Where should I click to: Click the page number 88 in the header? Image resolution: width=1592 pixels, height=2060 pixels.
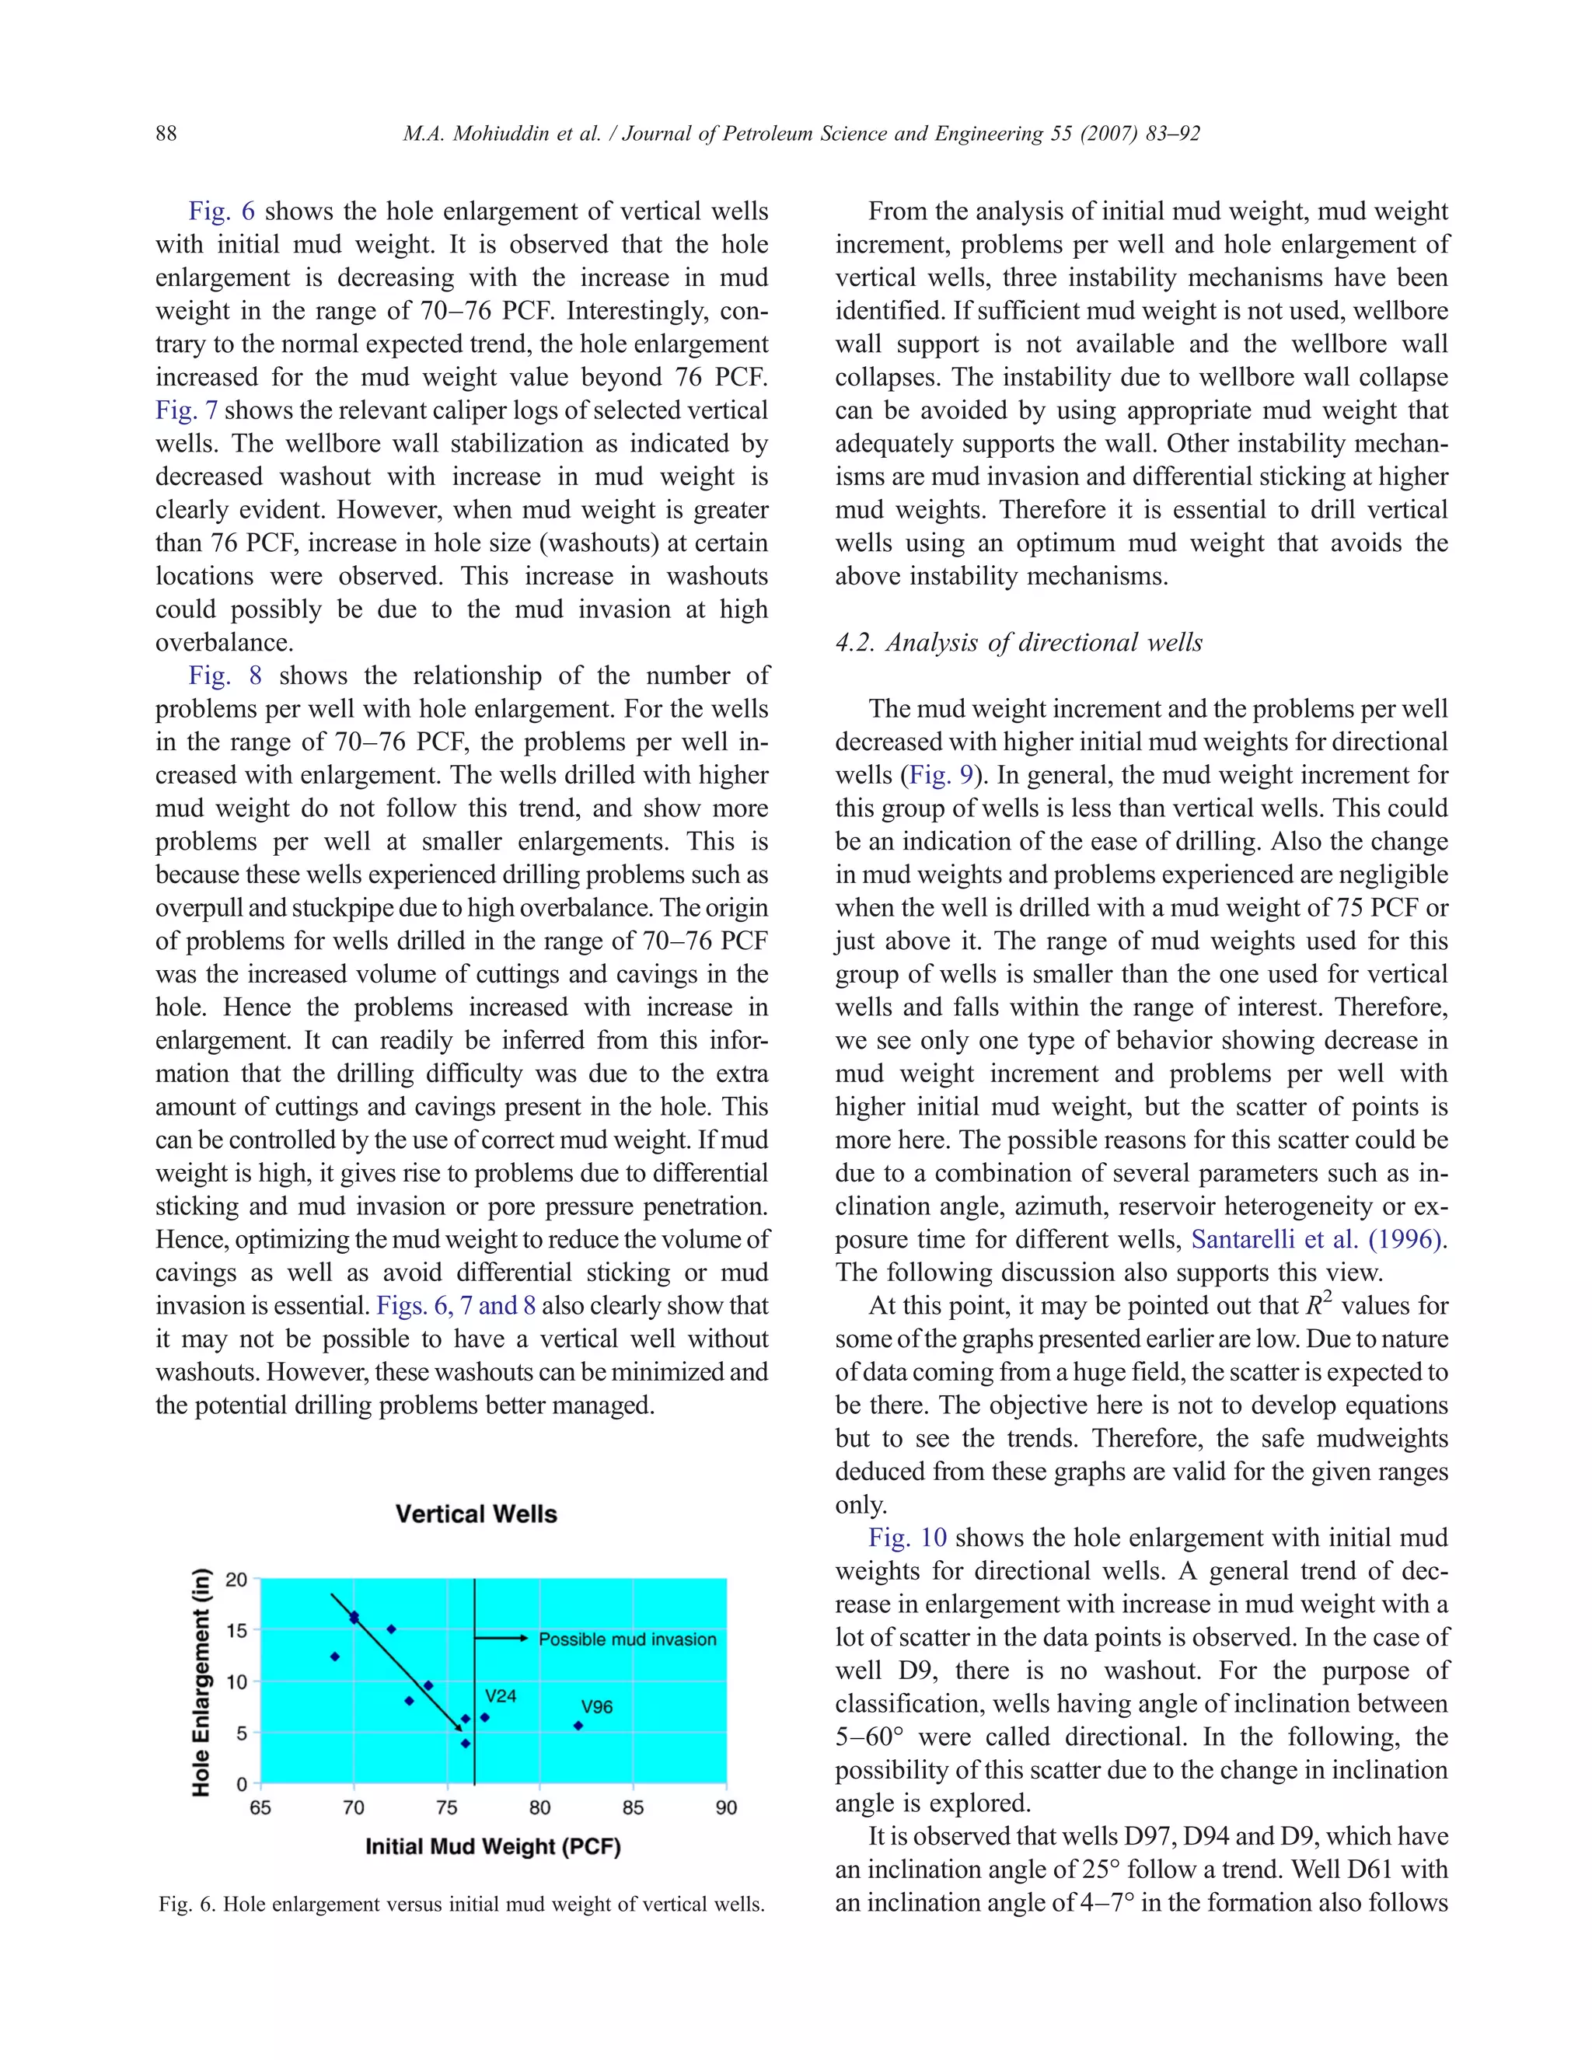coord(166,133)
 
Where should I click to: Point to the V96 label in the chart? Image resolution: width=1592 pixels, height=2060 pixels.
coord(597,1706)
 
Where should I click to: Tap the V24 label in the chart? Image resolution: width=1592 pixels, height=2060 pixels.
coord(501,1695)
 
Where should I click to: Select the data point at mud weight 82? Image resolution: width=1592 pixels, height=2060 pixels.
coord(578,1726)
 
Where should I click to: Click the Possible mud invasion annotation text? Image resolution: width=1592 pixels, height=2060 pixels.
coord(627,1639)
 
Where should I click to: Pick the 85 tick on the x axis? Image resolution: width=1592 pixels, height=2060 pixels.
coord(633,1808)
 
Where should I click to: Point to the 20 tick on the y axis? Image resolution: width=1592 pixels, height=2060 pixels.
coord(237,1580)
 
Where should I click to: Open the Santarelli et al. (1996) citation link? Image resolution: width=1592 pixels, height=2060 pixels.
coord(1317,1239)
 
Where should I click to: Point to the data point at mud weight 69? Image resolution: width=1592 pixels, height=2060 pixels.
coord(335,1657)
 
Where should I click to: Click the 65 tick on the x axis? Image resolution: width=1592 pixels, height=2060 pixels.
coord(260,1808)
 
